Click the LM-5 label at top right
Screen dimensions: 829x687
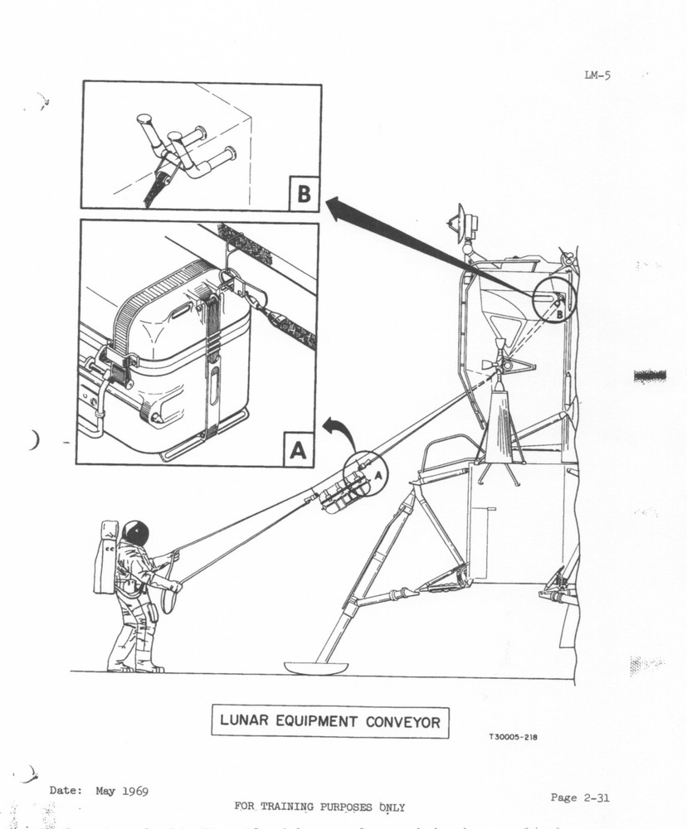click(597, 75)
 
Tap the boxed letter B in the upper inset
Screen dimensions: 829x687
click(304, 194)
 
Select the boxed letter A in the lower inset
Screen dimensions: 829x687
click(299, 450)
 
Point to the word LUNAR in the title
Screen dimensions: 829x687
click(241, 721)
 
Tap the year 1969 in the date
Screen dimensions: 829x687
click(132, 790)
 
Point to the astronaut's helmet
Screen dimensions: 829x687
click(135, 532)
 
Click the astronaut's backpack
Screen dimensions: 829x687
click(107, 556)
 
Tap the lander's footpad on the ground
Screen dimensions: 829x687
click(315, 667)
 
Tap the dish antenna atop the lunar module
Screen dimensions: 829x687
click(460, 221)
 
